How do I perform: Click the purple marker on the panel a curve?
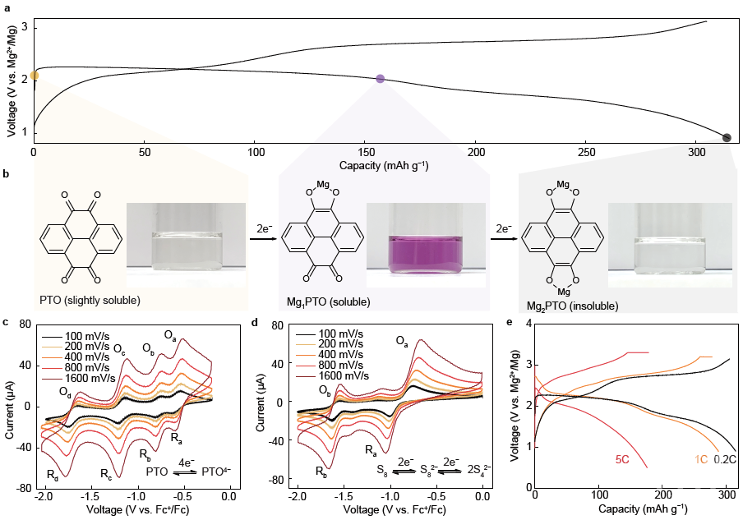[380, 79]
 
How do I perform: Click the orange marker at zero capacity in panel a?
[34, 76]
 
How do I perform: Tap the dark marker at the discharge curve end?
[727, 137]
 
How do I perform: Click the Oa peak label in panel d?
[402, 340]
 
